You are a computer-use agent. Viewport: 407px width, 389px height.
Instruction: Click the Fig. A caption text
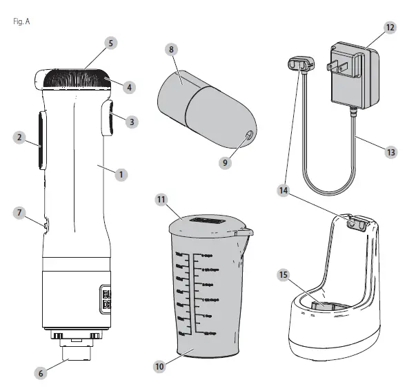[21, 21]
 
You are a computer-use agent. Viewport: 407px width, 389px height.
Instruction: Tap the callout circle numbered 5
[110, 43]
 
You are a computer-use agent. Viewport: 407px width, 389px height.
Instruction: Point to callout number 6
[40, 372]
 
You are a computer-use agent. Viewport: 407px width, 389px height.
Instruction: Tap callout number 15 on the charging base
[281, 274]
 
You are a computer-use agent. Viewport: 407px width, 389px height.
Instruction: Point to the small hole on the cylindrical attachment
[247, 134]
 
